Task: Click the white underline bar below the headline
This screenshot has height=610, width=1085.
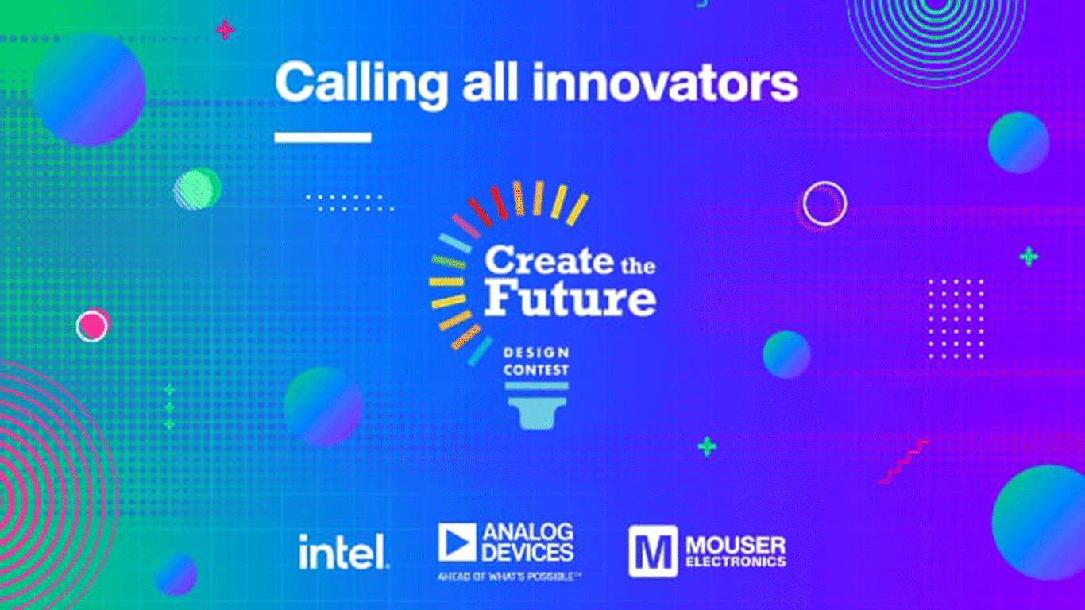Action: [x=323, y=137]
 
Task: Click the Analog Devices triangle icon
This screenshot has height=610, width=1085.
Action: [x=457, y=542]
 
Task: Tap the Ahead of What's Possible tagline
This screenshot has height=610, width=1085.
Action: [x=509, y=577]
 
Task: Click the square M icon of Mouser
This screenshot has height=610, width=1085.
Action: [x=652, y=551]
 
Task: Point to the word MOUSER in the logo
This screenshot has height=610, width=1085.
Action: [x=736, y=545]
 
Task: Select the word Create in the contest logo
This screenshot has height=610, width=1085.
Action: [x=549, y=260]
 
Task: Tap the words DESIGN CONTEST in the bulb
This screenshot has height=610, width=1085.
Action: [x=535, y=361]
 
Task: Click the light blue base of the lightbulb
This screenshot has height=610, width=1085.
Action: [x=537, y=406]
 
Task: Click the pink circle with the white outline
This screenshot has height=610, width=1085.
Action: [x=92, y=325]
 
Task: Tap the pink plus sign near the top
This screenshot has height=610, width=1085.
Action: [x=226, y=29]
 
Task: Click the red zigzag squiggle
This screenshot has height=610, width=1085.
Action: [x=904, y=461]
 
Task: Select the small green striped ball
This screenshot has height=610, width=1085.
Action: [x=197, y=188]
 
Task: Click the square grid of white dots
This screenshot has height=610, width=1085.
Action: [x=956, y=319]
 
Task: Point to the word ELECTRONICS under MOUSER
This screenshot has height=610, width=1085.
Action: [x=736, y=562]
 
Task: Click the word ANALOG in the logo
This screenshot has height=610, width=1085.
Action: [x=528, y=532]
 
